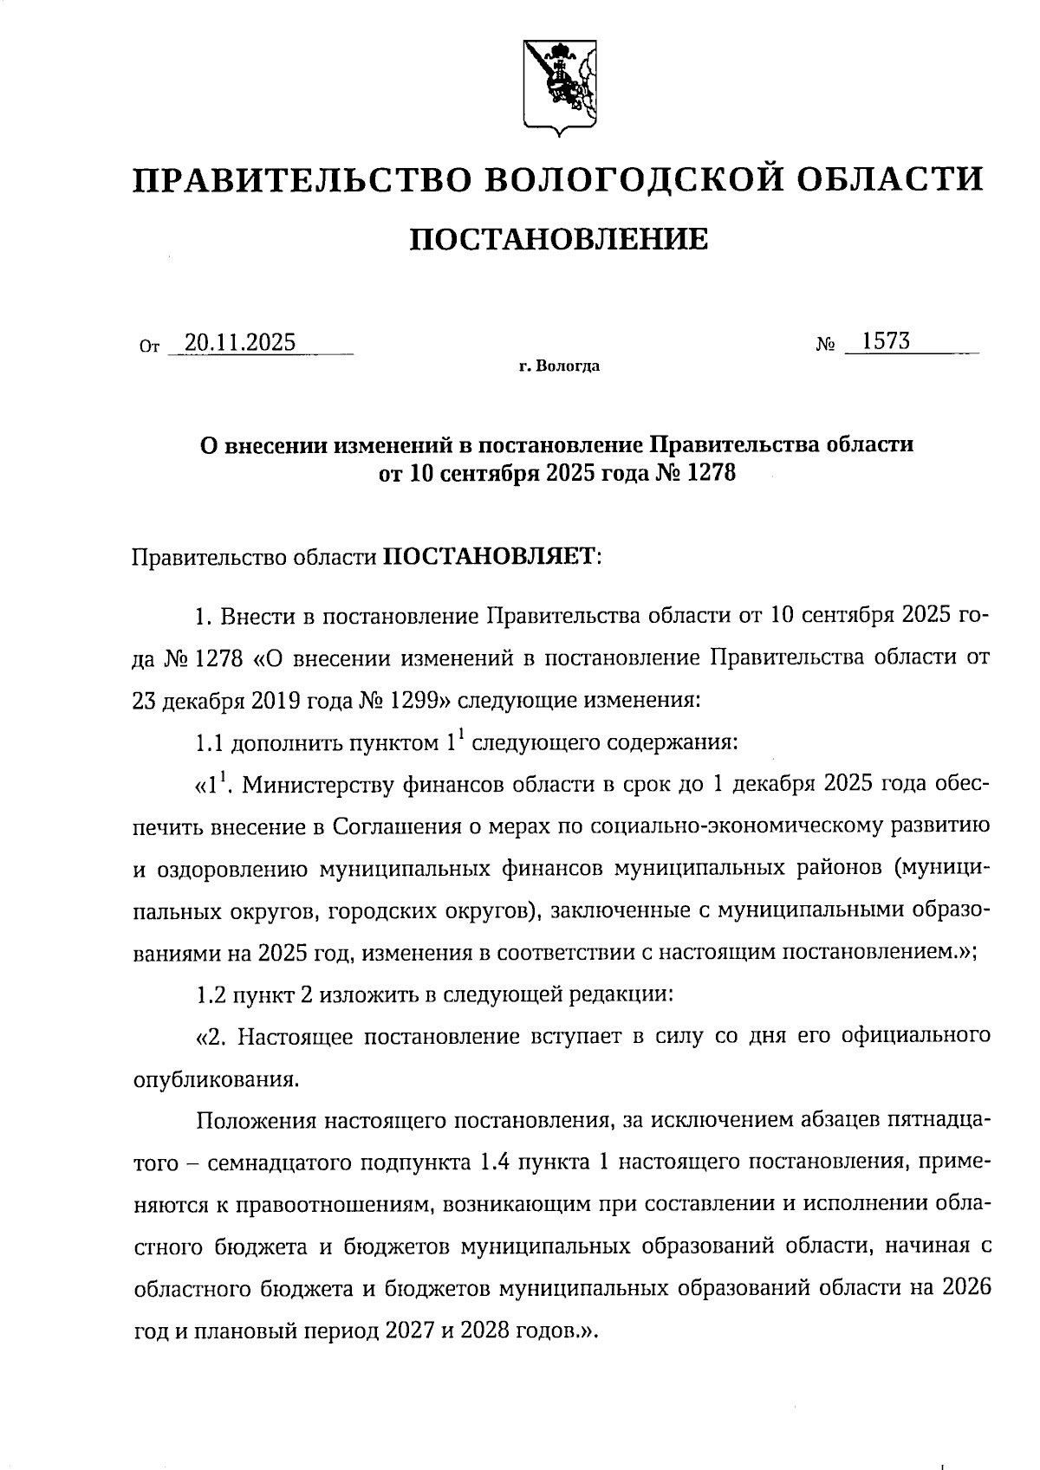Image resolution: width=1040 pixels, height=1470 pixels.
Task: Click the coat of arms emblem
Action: [x=558, y=86]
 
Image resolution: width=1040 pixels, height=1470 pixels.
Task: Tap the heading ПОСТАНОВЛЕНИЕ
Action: [x=558, y=238]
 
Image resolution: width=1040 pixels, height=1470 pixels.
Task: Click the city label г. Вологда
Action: [x=559, y=366]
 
